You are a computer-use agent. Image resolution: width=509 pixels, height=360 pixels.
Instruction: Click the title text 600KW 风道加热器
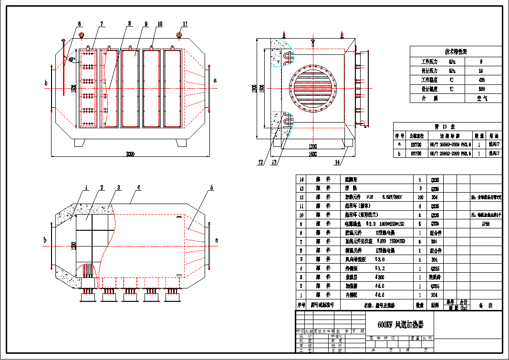400,325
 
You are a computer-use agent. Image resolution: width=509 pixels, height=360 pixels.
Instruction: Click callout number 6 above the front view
79,23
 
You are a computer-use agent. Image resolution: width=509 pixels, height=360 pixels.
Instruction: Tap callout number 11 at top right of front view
185,23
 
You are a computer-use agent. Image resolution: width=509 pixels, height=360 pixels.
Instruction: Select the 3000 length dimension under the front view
130,154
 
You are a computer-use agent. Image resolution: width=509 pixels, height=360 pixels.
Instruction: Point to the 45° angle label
71,60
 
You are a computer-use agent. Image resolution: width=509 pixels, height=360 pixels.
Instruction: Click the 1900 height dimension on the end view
255,89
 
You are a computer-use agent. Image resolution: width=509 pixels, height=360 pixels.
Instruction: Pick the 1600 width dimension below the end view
313,154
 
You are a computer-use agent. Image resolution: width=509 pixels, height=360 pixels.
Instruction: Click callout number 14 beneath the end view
337,162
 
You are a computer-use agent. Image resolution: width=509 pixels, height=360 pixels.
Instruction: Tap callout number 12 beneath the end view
260,162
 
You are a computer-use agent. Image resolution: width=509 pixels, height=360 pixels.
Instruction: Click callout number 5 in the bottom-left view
210,188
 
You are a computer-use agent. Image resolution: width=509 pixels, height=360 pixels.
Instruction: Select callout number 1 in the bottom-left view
86,188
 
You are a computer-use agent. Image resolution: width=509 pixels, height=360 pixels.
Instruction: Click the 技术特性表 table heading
456,52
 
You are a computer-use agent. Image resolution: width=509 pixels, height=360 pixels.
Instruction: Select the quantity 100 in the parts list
420,197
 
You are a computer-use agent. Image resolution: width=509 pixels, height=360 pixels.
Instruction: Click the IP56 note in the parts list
485,224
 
